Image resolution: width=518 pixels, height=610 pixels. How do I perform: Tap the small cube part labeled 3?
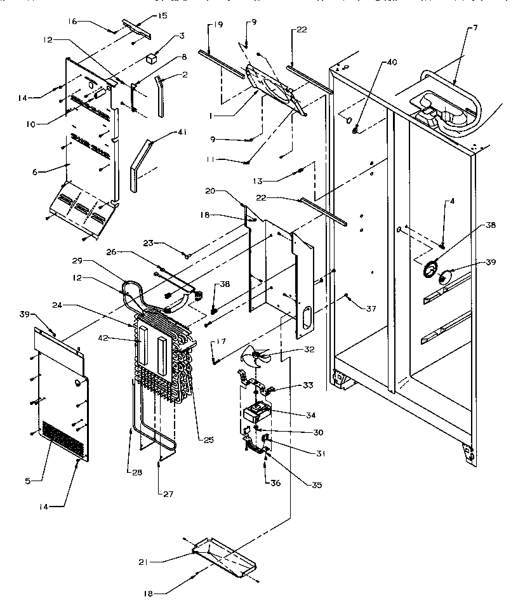click(151, 58)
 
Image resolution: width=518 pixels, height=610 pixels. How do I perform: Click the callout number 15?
click(162, 16)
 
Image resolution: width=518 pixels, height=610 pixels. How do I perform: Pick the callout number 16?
click(73, 21)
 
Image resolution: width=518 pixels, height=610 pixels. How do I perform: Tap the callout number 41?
click(182, 133)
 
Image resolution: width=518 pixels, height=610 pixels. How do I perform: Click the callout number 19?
click(217, 25)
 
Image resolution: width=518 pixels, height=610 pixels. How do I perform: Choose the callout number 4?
click(451, 202)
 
